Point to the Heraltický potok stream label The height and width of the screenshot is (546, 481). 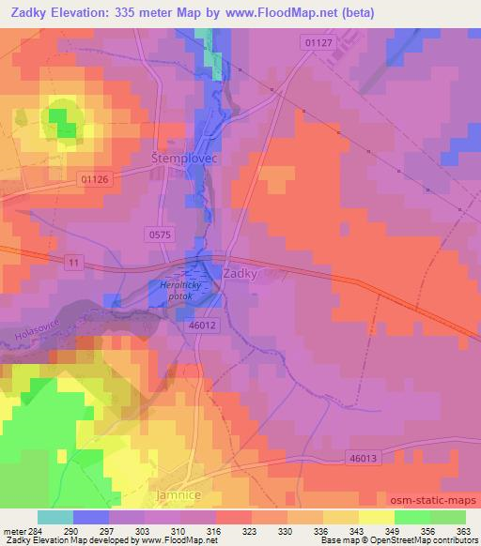176,291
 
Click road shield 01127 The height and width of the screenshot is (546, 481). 318,42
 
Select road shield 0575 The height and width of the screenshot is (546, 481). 160,235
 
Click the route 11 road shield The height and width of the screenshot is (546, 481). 73,264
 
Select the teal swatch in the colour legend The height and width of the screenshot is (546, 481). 54,517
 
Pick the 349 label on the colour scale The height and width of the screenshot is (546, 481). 376,531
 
